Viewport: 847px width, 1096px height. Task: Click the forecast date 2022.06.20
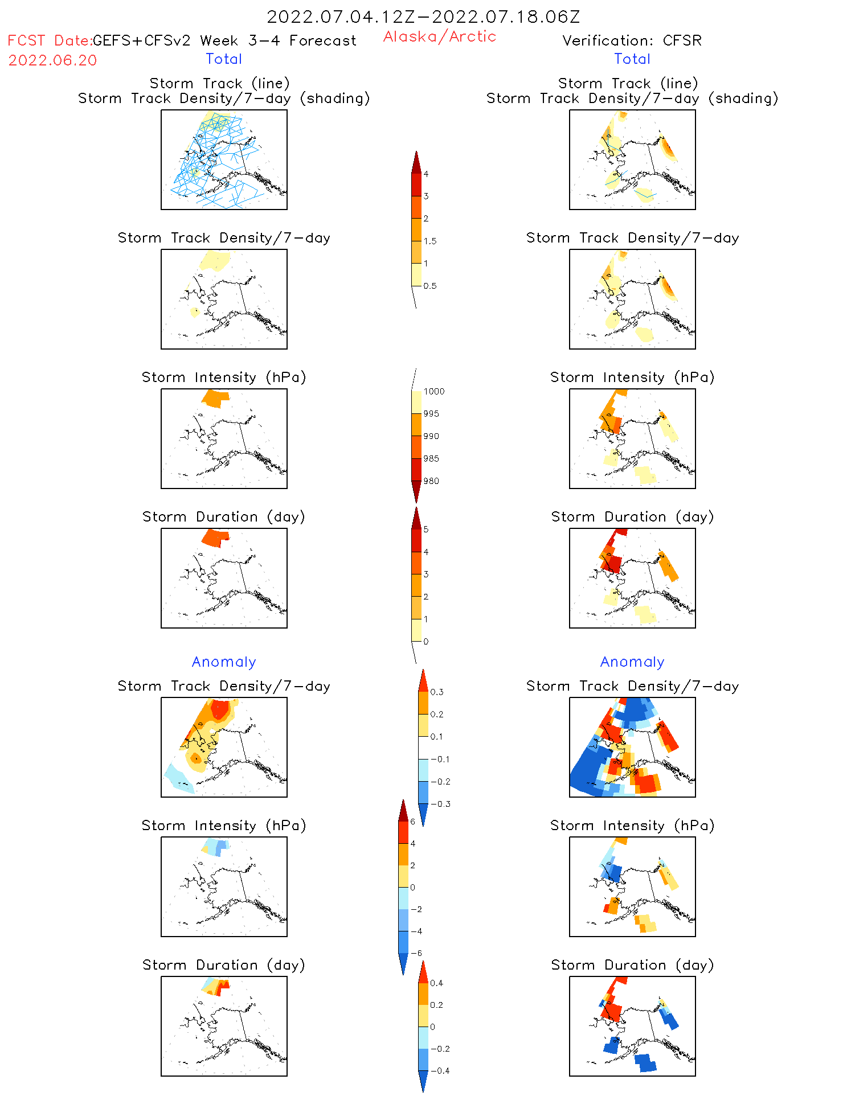pos(52,60)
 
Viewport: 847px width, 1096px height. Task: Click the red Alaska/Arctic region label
pos(439,36)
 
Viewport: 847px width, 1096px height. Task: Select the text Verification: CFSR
pos(632,40)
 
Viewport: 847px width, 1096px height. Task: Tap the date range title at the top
pos(423,17)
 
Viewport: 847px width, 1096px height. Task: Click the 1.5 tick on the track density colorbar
pos(429,241)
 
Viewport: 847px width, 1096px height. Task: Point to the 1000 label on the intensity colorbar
pos(433,391)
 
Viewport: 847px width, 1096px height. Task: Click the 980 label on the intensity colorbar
pos(431,481)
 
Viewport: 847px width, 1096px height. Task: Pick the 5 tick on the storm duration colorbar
pos(425,529)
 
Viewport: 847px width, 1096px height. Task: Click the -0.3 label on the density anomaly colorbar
pos(440,804)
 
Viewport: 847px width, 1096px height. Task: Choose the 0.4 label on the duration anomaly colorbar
pos(436,983)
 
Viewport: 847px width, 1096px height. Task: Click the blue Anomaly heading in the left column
pos(224,662)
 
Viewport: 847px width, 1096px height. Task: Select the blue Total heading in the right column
pos(632,59)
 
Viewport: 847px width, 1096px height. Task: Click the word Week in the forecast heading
pos(219,40)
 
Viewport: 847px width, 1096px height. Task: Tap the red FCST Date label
pos(49,40)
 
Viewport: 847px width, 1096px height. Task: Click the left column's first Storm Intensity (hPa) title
pos(224,377)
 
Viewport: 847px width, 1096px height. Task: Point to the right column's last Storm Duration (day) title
pos(632,965)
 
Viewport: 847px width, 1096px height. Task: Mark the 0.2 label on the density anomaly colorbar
pos(436,714)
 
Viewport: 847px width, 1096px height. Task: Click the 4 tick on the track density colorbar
pos(425,174)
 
